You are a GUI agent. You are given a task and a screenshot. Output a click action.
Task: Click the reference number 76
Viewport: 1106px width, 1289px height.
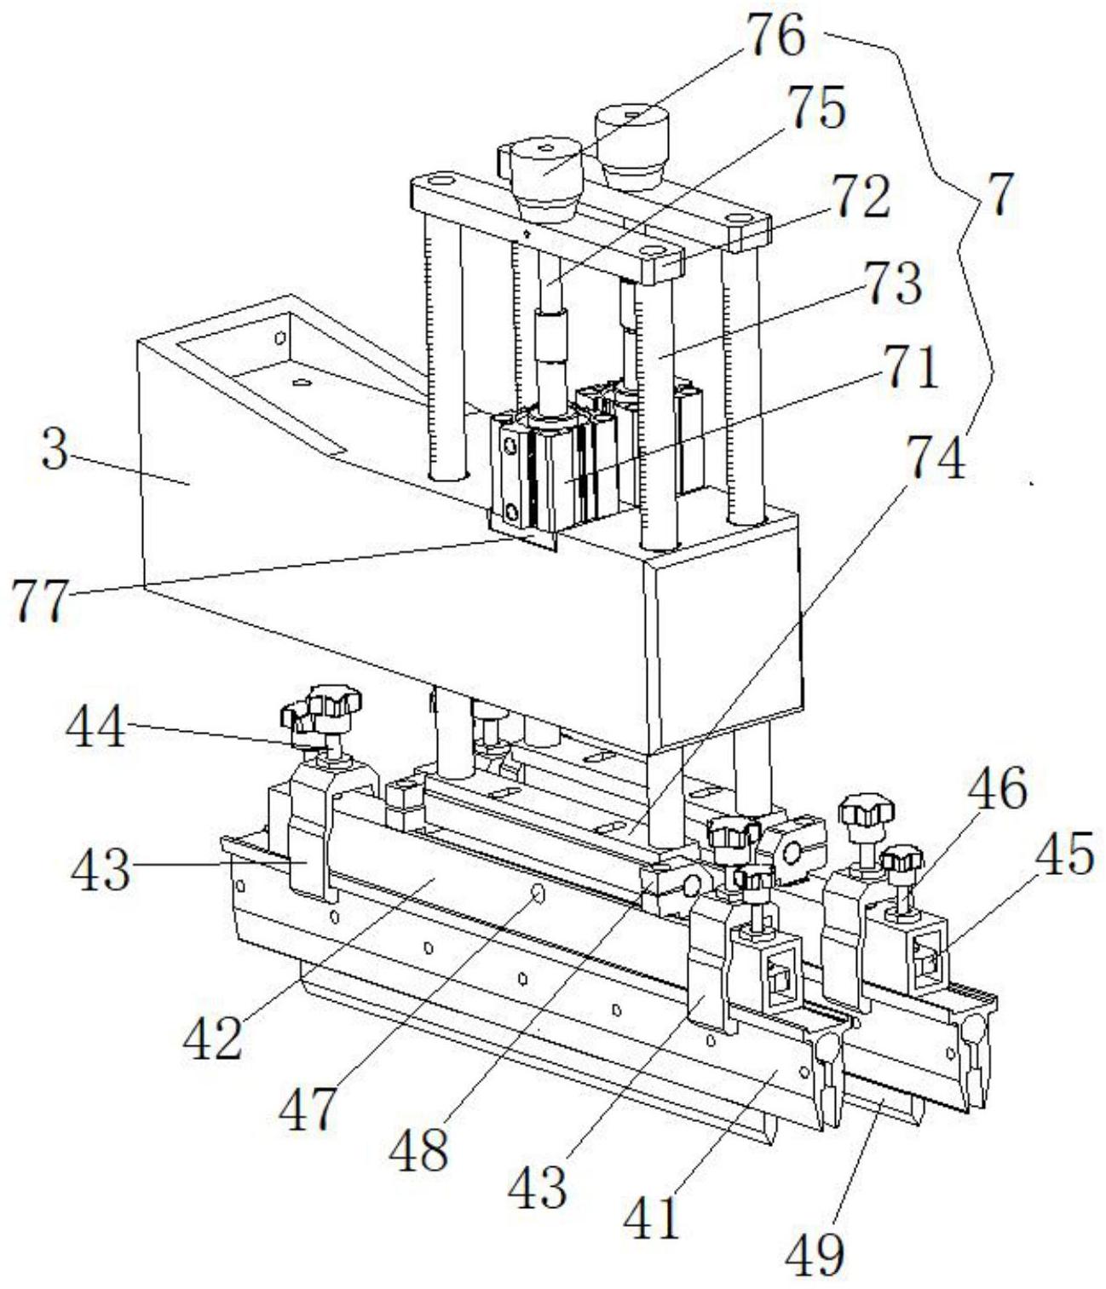click(776, 36)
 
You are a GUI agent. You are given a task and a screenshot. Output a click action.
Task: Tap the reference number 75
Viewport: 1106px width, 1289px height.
click(816, 107)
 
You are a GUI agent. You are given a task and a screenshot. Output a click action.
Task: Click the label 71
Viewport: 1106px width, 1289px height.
click(909, 369)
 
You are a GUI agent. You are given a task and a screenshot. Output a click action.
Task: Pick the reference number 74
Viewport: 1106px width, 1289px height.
click(936, 457)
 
